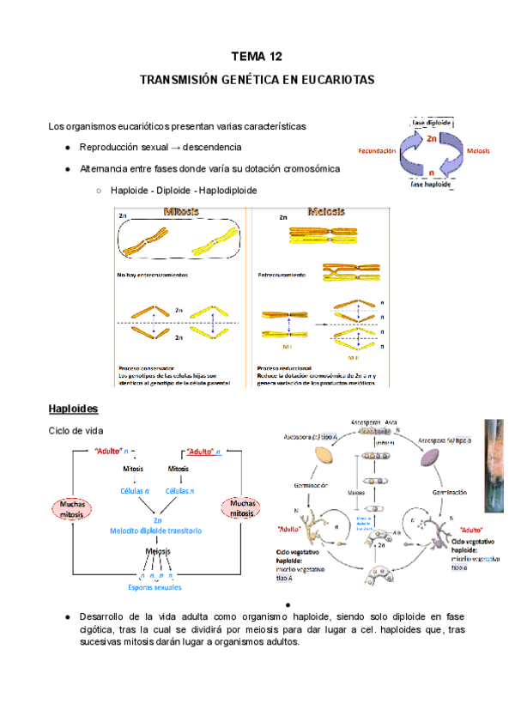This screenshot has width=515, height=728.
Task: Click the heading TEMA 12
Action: [257, 58]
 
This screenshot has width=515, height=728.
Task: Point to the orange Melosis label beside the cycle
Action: [478, 150]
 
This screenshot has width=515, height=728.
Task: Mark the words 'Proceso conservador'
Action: [147, 363]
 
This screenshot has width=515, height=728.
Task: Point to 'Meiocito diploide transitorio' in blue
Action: [156, 531]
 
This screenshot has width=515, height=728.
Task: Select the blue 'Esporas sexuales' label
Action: [156, 588]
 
